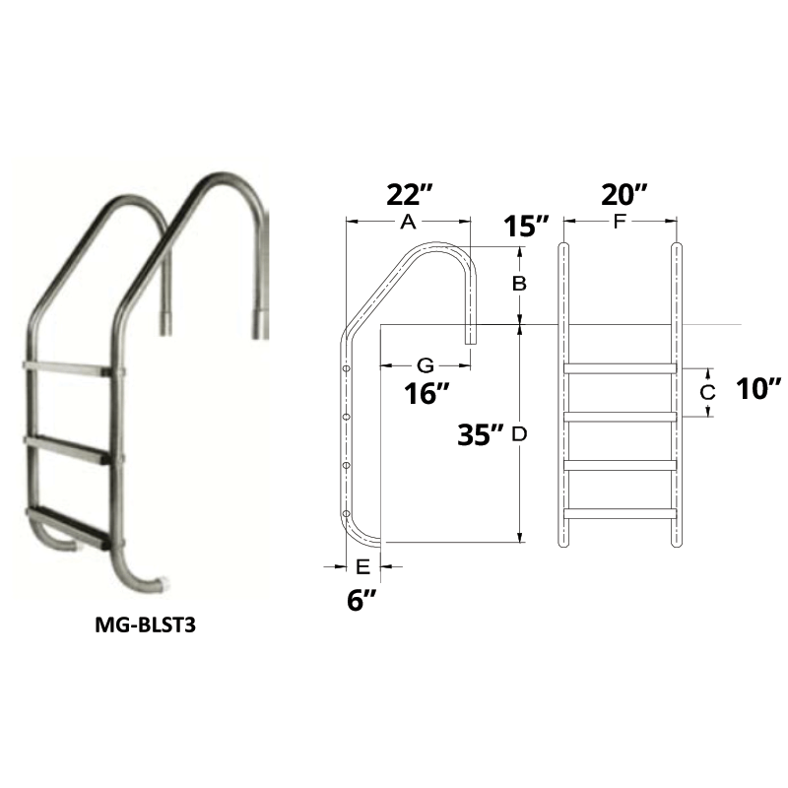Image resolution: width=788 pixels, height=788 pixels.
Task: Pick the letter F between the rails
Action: click(619, 224)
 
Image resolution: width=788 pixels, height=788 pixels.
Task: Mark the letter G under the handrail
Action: click(426, 364)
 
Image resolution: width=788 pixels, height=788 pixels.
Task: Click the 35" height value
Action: click(483, 433)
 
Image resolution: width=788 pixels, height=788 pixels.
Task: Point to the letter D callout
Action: click(520, 433)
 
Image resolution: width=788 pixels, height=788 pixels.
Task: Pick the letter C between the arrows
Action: click(705, 391)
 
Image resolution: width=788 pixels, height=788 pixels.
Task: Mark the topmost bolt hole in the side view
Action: click(346, 369)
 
